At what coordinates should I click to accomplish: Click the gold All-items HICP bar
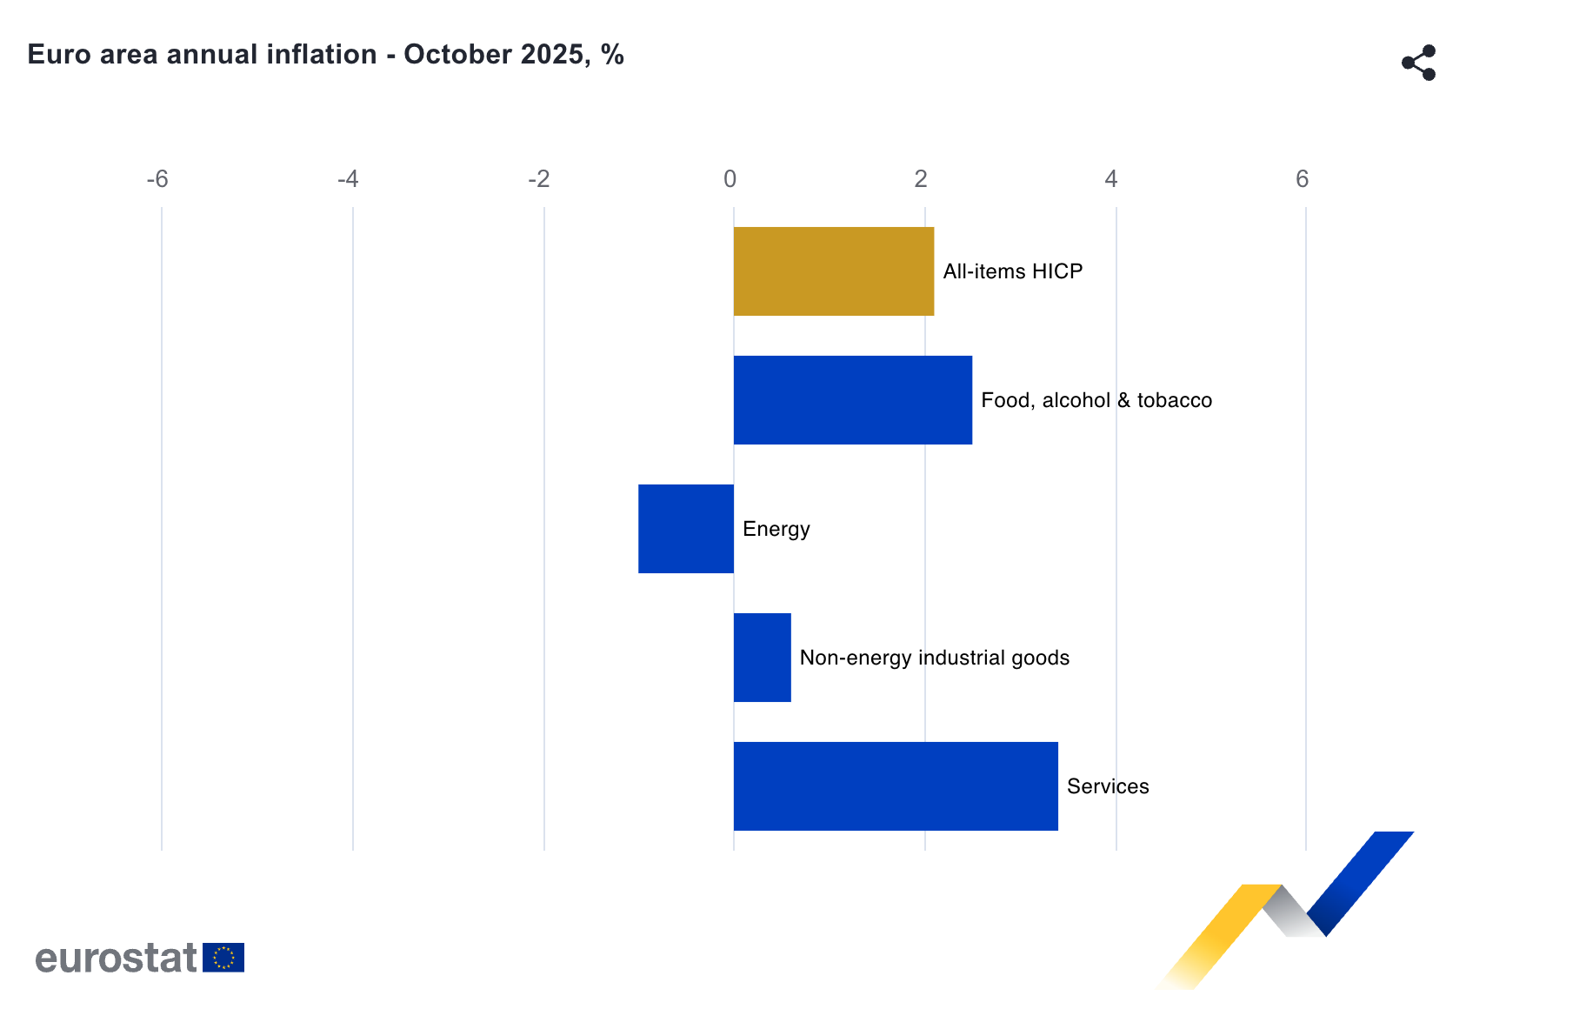pos(833,271)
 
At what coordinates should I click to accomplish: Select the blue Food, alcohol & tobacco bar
pos(852,400)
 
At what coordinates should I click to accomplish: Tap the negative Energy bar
pos(686,529)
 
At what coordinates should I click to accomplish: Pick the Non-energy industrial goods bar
pos(762,658)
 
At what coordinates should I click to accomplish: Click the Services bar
pos(896,786)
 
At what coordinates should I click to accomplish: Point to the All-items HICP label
pos(1012,271)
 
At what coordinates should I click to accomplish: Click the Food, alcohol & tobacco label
pos(1096,400)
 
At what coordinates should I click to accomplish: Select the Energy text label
pos(776,529)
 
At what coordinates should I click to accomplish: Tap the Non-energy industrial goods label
pos(934,658)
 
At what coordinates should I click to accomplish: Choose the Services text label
pos(1107,786)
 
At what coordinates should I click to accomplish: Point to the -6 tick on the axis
pos(157,179)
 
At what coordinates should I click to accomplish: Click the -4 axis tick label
pos(348,179)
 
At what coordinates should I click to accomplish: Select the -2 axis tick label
pos(539,179)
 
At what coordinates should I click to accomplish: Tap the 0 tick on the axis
pos(730,179)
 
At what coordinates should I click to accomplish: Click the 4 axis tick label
pos(1110,179)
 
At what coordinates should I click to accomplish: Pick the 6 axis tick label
pos(1302,179)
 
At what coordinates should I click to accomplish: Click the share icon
pos(1418,63)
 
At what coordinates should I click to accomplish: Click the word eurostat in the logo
pos(117,958)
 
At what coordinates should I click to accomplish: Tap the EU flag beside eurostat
pos(223,958)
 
